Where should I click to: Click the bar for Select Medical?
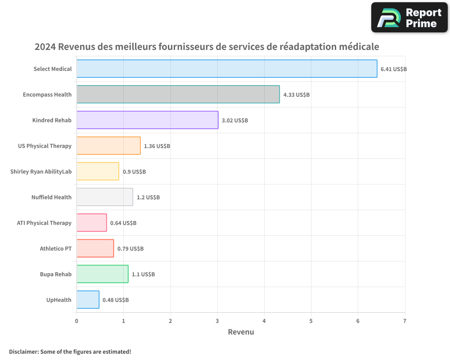227,69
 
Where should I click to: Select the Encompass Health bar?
178,94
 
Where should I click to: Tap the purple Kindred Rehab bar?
147,120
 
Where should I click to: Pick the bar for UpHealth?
88,300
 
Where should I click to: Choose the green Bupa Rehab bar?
102,274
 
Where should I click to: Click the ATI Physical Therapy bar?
91,223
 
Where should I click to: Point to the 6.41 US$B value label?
394,69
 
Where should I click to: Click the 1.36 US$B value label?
157,146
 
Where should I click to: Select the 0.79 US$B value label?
130,249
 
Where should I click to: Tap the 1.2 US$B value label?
148,198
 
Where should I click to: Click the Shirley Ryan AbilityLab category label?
41,172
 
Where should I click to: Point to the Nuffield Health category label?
51,198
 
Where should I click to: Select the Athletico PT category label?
55,249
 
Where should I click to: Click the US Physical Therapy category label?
45,146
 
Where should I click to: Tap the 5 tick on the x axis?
311,321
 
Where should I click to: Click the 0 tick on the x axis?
76,321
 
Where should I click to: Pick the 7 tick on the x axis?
405,321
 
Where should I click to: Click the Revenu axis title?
241,332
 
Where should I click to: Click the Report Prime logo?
409,18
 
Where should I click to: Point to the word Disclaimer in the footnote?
23,351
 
